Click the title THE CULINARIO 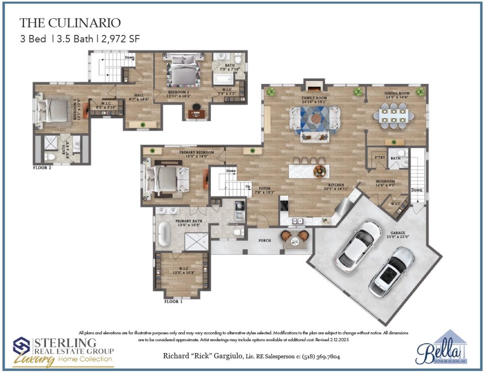coord(70,23)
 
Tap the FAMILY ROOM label coord(314,98)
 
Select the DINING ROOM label coord(397,94)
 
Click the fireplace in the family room coord(313,88)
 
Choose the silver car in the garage coord(391,272)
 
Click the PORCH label coord(265,240)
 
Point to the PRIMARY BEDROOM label coord(197,152)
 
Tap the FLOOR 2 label coord(42,168)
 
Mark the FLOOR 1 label coord(173,301)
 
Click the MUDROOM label coord(386,181)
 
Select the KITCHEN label coord(338,185)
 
